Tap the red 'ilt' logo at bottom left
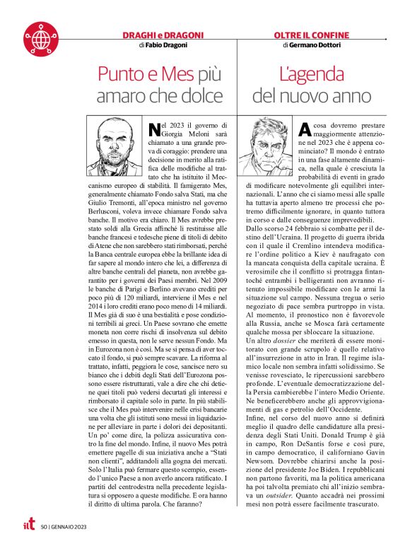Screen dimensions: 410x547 (27, 524)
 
